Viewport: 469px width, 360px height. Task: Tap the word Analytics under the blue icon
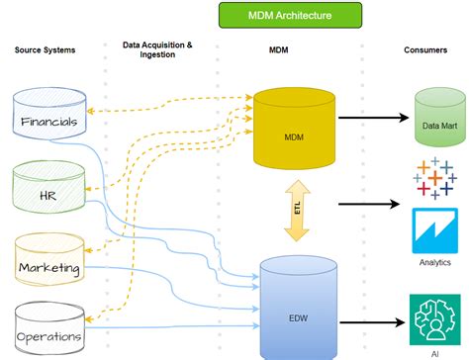click(x=433, y=263)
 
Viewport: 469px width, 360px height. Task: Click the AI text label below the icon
click(x=434, y=350)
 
